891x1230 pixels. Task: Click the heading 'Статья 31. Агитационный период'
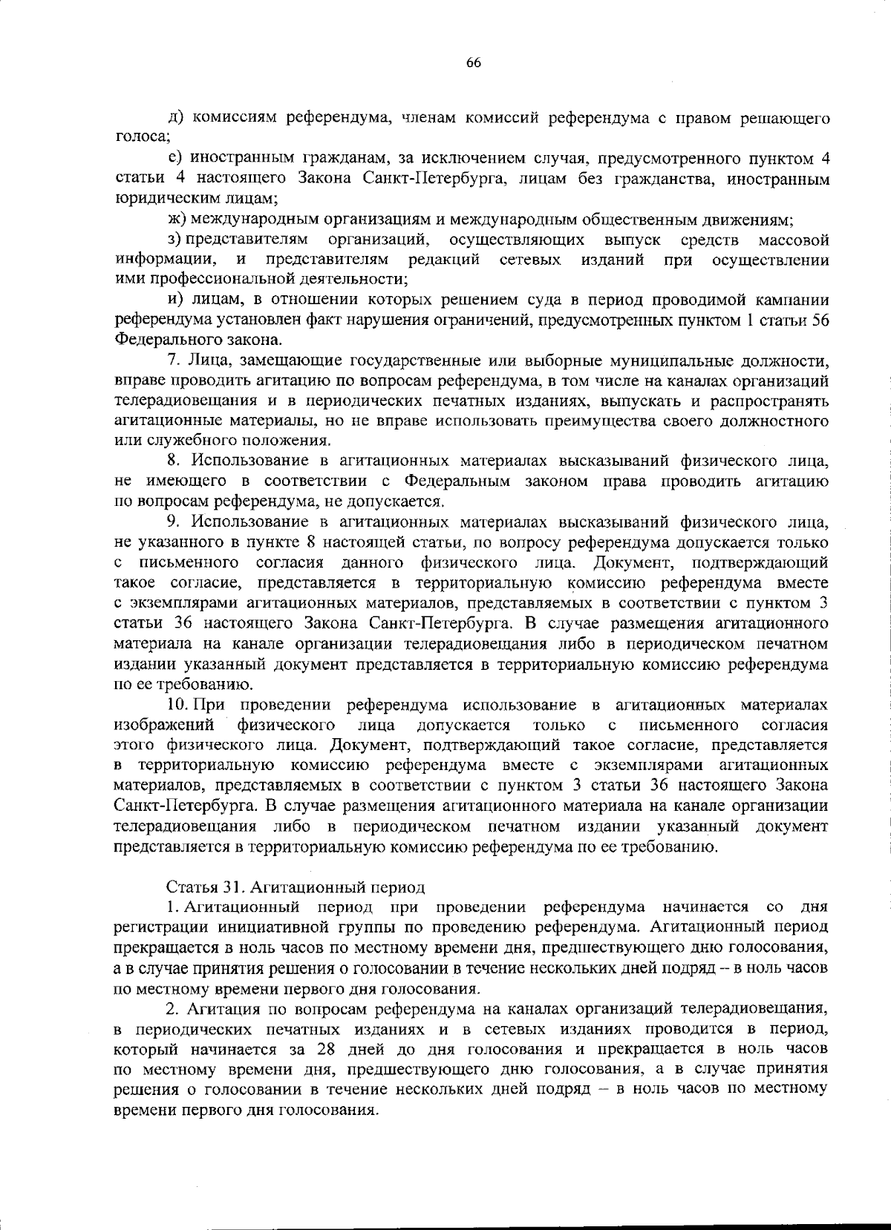tap(296, 887)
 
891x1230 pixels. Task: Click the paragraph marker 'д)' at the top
tap(177, 118)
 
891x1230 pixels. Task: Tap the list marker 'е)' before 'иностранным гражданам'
tap(176, 158)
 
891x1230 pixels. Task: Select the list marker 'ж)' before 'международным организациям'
tap(177, 220)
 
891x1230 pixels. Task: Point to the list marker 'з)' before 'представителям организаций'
tap(175, 240)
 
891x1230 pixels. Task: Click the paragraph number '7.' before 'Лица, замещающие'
tap(175, 361)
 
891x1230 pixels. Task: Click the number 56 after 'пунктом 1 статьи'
tap(819, 320)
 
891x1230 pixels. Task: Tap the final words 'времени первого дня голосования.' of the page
tap(245, 1111)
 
